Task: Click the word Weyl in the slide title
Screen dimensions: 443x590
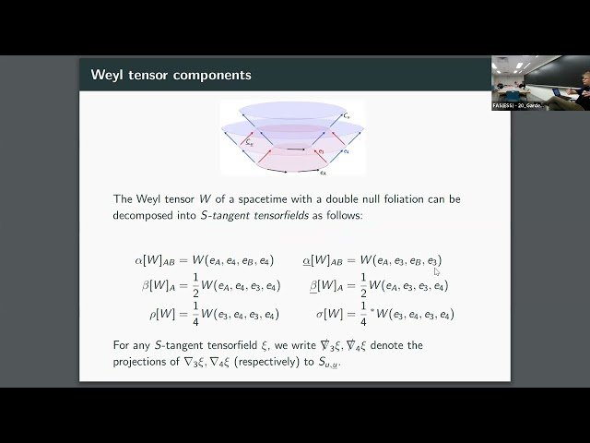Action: (109, 75)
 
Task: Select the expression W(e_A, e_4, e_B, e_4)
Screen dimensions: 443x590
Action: (236, 261)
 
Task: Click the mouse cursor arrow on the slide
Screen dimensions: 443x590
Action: (437, 271)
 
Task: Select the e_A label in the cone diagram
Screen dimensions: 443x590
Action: (322, 172)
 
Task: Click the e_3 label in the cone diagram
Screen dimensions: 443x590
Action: (345, 150)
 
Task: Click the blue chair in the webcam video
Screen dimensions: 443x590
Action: (512, 95)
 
